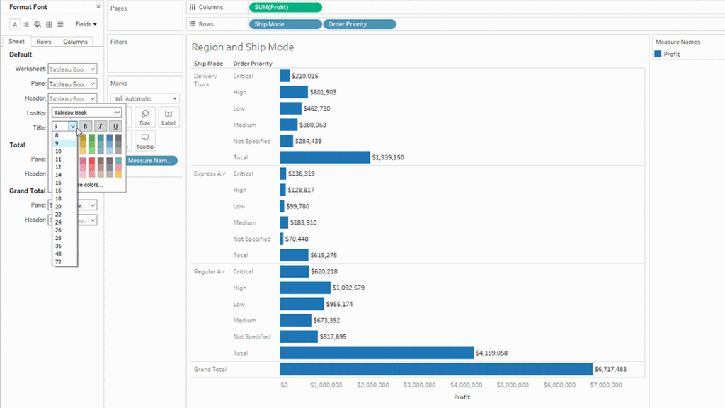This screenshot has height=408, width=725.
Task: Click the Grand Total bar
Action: click(x=435, y=369)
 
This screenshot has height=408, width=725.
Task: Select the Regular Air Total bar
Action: click(x=376, y=353)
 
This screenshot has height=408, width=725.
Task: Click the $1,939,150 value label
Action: click(x=388, y=157)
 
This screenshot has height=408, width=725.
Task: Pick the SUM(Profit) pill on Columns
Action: click(x=285, y=8)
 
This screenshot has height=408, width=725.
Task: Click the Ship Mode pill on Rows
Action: click(x=285, y=24)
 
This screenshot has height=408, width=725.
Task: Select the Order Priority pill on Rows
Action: click(x=359, y=24)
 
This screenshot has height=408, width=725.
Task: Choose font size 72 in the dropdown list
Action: click(x=57, y=261)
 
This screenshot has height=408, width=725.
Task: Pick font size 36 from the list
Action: click(x=57, y=246)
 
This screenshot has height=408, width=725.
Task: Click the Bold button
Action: click(x=85, y=127)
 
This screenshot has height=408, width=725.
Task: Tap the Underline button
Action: click(x=115, y=127)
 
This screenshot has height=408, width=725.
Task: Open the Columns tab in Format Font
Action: click(x=75, y=42)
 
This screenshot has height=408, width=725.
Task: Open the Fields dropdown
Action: click(x=86, y=24)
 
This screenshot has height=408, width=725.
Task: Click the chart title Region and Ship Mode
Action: click(x=242, y=47)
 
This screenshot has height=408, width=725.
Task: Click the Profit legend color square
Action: click(x=658, y=54)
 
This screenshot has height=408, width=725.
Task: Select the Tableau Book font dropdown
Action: click(x=86, y=113)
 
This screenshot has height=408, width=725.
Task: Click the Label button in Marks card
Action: click(x=168, y=117)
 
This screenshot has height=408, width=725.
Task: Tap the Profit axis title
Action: click(x=462, y=397)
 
